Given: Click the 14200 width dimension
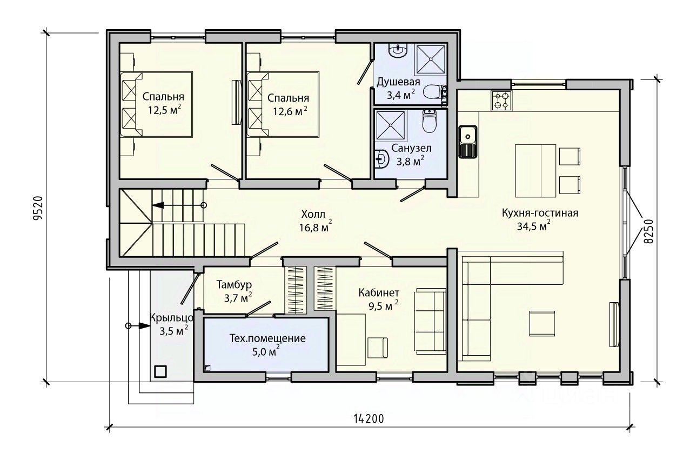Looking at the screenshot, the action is (369, 419).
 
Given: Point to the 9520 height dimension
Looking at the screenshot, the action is (38, 208).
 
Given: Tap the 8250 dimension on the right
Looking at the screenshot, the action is (649, 231).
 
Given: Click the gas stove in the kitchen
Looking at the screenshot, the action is (501, 100).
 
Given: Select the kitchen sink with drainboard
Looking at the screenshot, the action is (467, 142).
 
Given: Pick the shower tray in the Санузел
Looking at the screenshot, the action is (391, 125).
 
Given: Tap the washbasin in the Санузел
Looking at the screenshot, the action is (381, 159).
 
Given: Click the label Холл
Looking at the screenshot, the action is (313, 214).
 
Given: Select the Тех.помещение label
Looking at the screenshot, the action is (267, 338).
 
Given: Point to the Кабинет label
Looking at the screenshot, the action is (379, 292).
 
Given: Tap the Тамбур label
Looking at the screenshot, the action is (234, 285).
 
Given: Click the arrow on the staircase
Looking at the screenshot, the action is (179, 205).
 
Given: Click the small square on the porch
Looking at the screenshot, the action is (160, 371).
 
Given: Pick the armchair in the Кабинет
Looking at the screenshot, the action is (378, 348).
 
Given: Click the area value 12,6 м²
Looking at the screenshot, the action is (290, 111).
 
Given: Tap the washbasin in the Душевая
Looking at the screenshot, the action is (398, 51).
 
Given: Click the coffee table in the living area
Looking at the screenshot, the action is (542, 323).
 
